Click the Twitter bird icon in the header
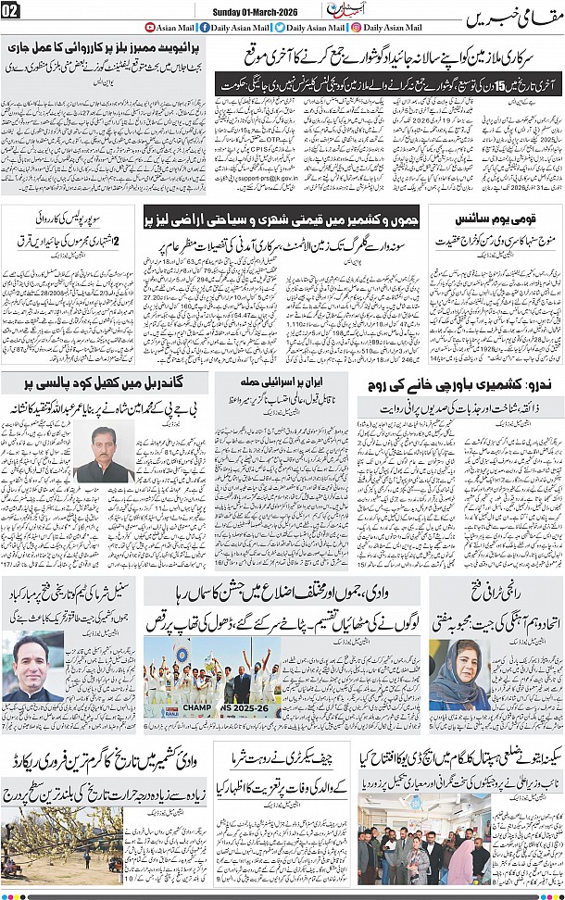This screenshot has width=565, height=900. pos(278,28)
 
